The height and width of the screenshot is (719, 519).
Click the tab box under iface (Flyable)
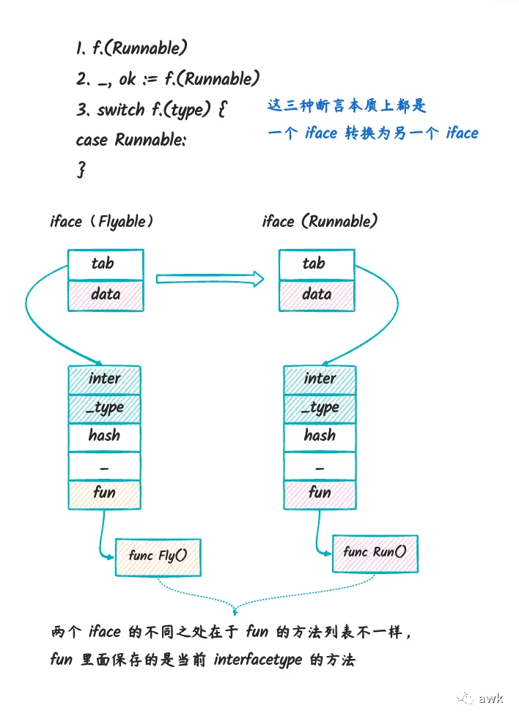[106, 264]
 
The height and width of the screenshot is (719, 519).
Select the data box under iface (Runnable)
[317, 296]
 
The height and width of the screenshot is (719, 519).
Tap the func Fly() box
[158, 557]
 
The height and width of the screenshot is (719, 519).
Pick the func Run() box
[375, 554]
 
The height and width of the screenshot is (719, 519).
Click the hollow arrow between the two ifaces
[210, 279]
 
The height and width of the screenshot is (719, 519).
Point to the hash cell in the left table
[104, 437]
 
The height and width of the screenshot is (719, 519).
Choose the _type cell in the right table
[320, 409]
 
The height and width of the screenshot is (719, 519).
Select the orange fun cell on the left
[104, 494]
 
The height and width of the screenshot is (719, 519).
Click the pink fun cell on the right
[320, 494]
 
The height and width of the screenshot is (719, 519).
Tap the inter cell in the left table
[104, 380]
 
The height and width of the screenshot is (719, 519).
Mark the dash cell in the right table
[320, 466]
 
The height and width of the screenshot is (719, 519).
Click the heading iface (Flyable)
[101, 221]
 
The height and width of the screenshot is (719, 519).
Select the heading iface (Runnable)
[320, 221]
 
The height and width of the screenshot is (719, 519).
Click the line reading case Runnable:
[131, 139]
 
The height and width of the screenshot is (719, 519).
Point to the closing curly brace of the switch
[81, 169]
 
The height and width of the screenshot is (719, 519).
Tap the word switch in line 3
[121, 110]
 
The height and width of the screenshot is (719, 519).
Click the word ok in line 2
[128, 79]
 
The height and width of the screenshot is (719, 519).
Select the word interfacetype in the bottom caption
[257, 660]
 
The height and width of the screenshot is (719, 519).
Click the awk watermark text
[490, 698]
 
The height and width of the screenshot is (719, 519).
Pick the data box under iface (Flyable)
[106, 296]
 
